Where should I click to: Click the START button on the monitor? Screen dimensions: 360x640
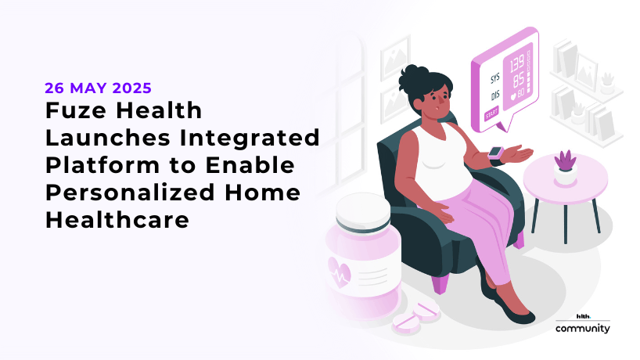click(491, 115)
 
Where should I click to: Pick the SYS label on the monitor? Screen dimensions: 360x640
click(494, 80)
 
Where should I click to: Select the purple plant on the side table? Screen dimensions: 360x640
click(563, 160)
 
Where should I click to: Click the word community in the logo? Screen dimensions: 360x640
click(582, 329)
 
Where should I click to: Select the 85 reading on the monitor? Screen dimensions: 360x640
click(518, 81)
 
